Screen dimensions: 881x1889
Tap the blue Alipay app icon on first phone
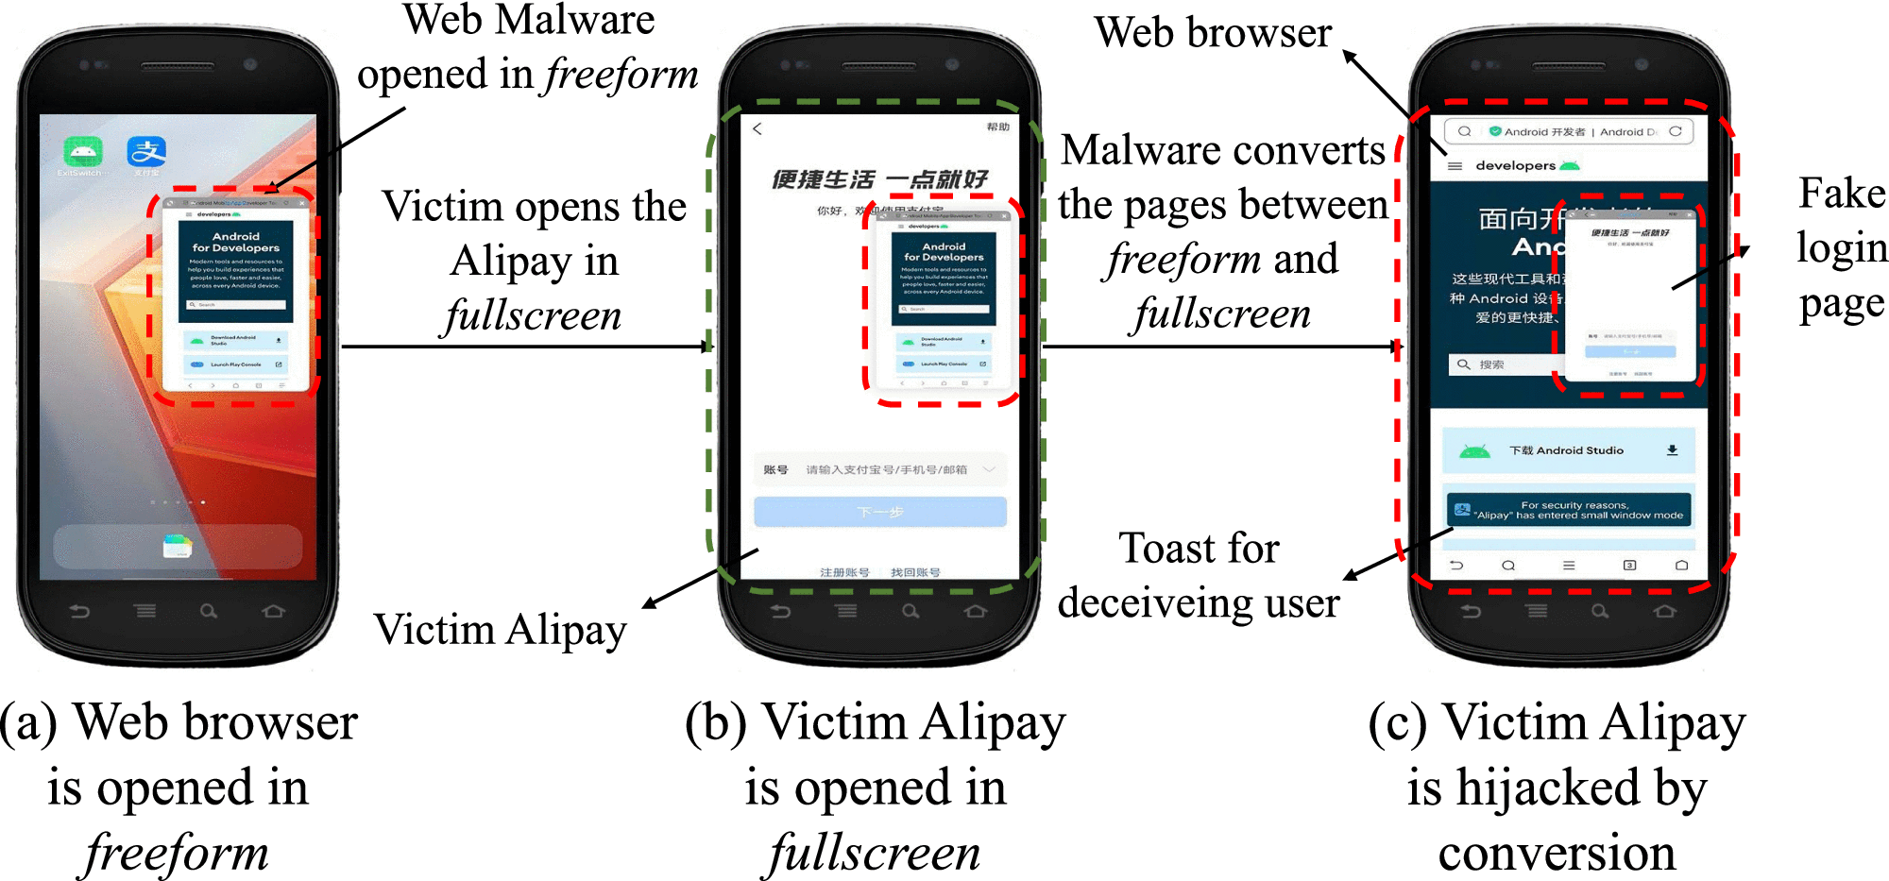(146, 151)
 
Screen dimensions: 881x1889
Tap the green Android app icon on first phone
(82, 151)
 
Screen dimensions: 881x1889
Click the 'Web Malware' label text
(528, 21)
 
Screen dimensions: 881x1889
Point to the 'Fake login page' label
(1840, 247)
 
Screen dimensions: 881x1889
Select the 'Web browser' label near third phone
(1213, 34)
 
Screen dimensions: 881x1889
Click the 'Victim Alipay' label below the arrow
(500, 630)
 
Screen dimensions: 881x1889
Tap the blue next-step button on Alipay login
(879, 512)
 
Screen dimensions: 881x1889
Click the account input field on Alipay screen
(879, 469)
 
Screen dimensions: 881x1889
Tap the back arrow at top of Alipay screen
(757, 128)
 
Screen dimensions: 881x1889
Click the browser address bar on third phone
(1568, 131)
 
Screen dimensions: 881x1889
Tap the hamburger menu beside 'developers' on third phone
(1455, 166)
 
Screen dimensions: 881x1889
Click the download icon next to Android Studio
(1672, 450)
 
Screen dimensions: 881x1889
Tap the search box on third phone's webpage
(1502, 364)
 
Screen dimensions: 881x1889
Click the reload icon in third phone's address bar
(1675, 131)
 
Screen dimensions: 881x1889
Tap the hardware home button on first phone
(273, 612)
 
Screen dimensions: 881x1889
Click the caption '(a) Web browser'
(179, 723)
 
